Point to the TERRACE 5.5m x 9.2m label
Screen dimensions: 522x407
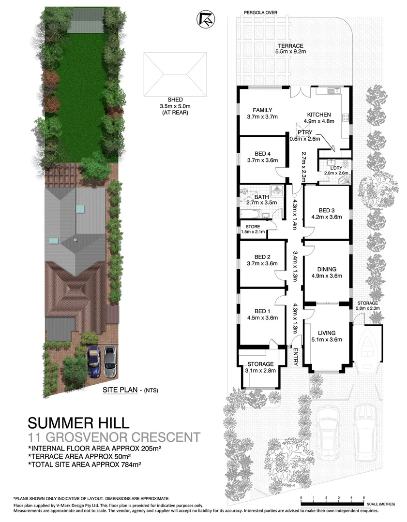click(x=290, y=49)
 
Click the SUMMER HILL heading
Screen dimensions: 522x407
click(x=78, y=423)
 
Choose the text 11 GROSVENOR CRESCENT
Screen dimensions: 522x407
click(x=113, y=438)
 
